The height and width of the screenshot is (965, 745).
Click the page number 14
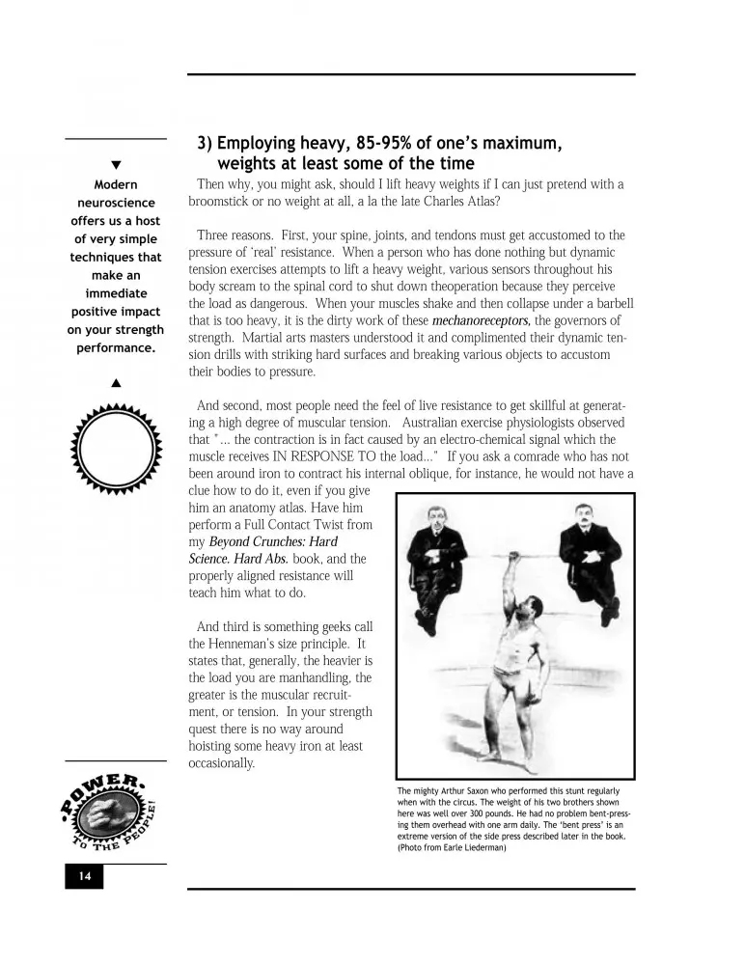[84, 877]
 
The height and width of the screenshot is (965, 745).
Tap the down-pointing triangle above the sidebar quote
[116, 166]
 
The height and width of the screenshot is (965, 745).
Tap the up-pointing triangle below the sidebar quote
[116, 383]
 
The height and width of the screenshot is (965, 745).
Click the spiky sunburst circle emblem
[116, 451]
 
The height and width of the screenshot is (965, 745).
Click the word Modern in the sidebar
[116, 184]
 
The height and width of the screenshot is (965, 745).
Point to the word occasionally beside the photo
[222, 763]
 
